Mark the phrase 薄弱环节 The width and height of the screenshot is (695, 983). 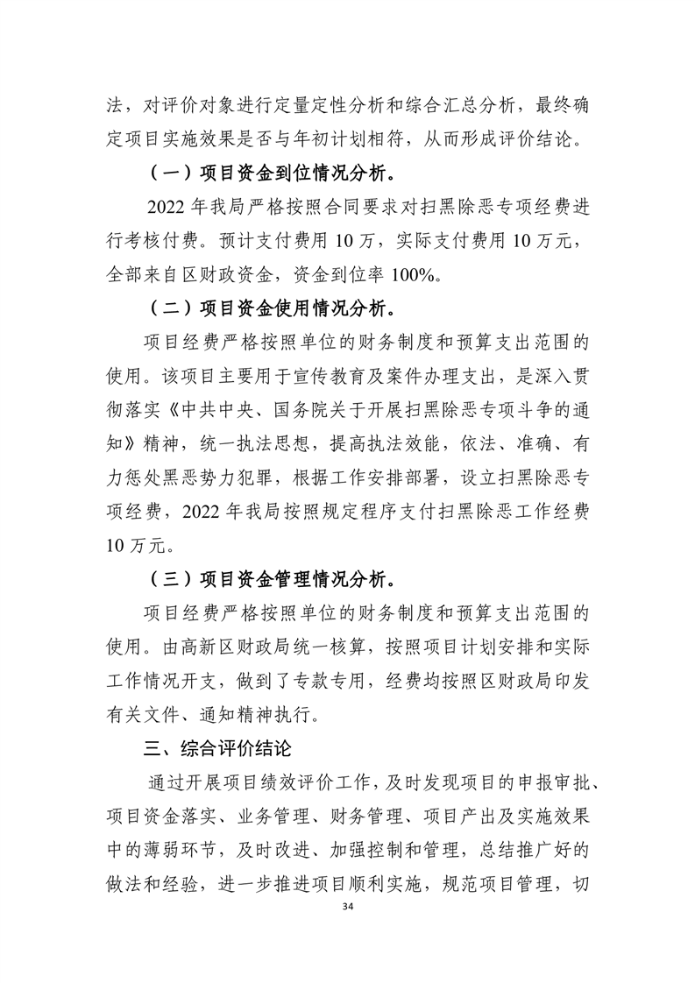coord(199,851)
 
